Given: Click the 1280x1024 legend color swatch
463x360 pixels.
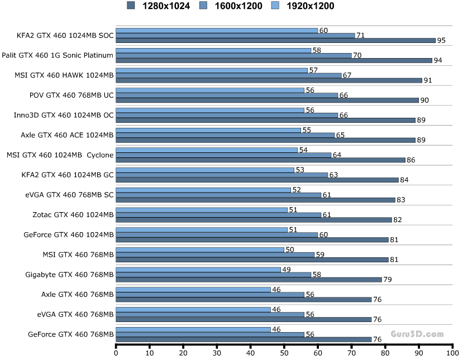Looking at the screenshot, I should click(x=131, y=6).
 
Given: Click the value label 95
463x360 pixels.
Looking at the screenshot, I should click(x=441, y=41).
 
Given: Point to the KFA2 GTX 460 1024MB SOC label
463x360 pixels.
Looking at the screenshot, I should click(x=65, y=35).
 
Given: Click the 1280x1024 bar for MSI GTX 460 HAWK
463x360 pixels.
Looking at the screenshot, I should click(x=269, y=80).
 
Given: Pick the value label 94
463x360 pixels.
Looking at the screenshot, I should click(x=438, y=61).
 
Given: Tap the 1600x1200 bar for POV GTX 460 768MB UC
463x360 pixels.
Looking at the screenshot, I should click(x=227, y=95).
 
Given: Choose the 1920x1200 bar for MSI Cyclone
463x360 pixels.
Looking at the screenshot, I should click(x=207, y=150).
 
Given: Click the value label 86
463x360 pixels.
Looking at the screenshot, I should click(x=411, y=160).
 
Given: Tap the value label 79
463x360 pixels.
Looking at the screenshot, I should click(x=388, y=280).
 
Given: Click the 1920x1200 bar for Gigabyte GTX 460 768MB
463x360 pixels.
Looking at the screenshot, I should click(x=198, y=270).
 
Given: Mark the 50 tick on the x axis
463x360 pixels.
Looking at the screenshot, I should click(x=284, y=353).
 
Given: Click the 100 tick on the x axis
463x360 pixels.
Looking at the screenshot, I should click(x=452, y=353).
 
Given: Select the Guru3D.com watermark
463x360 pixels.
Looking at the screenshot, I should click(x=417, y=334).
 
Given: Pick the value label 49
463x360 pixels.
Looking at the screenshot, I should click(x=286, y=270).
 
